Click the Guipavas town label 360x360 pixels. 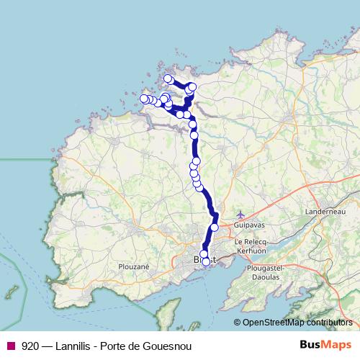pos(245,226)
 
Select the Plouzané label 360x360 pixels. pos(133,266)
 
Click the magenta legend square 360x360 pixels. pos(10,346)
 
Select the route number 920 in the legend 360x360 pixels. pos(30,346)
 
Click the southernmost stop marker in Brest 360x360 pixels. pos(206,262)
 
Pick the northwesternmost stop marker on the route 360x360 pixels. pos(168,78)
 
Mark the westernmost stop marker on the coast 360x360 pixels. pos(144,99)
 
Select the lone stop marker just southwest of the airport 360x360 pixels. pos(214,228)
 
